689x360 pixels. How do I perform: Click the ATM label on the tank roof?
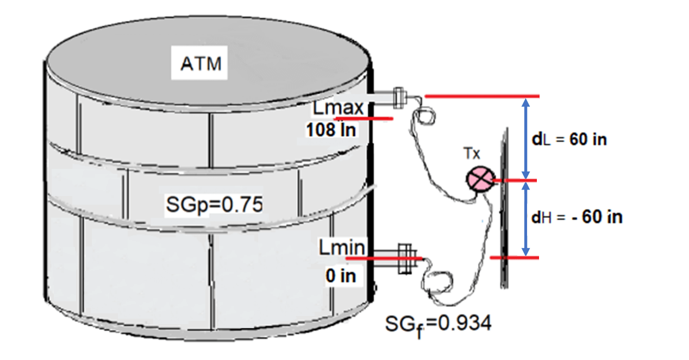[x=201, y=64]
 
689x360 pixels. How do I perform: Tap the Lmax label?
[x=338, y=108]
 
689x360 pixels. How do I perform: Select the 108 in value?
[x=330, y=130]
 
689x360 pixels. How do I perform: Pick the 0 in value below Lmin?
[x=341, y=276]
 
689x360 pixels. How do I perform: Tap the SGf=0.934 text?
[x=438, y=324]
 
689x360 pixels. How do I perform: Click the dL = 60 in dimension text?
[x=569, y=139]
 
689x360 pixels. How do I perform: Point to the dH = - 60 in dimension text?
[x=577, y=217]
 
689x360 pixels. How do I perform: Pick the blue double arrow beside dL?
[x=525, y=138]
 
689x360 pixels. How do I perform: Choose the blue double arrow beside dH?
[x=525, y=218]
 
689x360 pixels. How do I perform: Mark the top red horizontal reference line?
[x=481, y=96]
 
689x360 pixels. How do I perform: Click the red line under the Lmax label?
[x=363, y=118]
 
